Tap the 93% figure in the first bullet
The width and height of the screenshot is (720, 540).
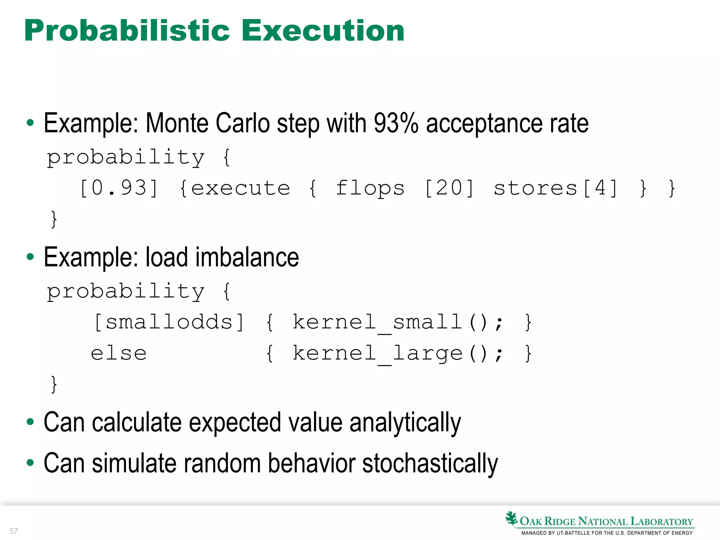coord(396,123)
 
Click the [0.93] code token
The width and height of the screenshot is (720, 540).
coord(119,188)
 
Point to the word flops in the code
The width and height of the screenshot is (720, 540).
coord(370,188)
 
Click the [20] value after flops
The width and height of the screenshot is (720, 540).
coord(449,188)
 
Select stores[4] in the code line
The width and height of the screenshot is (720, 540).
coord(555,188)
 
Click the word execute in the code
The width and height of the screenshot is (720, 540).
coord(240,188)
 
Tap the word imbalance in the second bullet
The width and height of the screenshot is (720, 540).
coord(247,257)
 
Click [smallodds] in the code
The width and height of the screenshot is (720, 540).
coord(169,322)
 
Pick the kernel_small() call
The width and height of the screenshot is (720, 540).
coord(397,322)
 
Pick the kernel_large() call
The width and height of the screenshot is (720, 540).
coord(397,353)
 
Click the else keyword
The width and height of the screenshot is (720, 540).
coord(119,353)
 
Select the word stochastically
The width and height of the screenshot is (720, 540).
coord(430,463)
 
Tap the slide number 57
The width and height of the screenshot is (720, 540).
coord(14,531)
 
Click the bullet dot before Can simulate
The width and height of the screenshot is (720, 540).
coord(30,463)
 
